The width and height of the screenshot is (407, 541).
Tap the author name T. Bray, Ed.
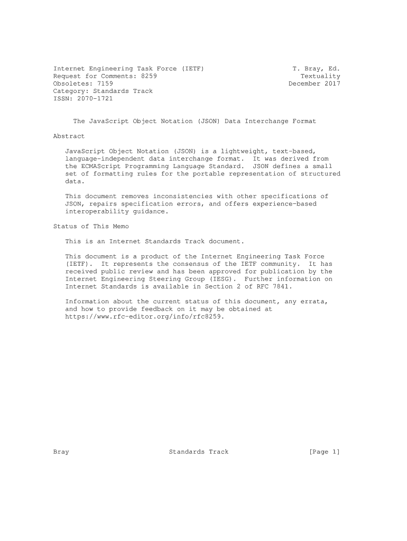(x=316, y=69)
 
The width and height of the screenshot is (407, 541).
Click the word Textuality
(x=320, y=76)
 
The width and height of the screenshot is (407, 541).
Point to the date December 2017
(x=314, y=83)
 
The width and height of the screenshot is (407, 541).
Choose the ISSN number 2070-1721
(x=95, y=98)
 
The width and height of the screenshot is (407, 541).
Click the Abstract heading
(x=69, y=136)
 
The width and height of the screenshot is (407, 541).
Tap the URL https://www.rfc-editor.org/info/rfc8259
(x=145, y=316)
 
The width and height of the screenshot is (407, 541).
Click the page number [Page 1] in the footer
(x=324, y=452)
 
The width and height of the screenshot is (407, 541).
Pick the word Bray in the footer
(x=61, y=452)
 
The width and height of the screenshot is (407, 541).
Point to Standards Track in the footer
(x=199, y=452)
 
